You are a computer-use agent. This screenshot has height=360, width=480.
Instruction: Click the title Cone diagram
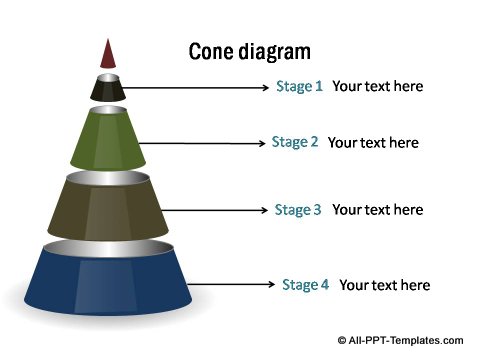(249, 51)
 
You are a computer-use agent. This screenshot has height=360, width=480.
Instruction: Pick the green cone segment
(108, 139)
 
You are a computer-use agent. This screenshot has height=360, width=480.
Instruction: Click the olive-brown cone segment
(108, 207)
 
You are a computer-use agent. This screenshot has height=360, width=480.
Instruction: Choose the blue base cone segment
(108, 283)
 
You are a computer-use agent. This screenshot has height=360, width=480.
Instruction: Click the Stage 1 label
(299, 86)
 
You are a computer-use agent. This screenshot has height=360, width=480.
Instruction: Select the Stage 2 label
(295, 142)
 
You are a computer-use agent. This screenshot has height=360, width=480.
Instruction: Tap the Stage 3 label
(298, 210)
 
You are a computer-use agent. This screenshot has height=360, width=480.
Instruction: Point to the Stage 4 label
(305, 285)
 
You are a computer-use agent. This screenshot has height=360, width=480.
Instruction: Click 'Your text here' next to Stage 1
(377, 86)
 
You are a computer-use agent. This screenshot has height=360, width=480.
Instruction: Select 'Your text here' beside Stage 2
(373, 142)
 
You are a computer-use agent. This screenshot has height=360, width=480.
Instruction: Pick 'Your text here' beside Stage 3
(377, 210)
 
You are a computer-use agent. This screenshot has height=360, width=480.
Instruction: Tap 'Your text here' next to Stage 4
(384, 285)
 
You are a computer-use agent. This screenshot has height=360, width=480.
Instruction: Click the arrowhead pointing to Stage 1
(265, 87)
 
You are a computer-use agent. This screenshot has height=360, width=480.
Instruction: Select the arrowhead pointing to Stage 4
(271, 286)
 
